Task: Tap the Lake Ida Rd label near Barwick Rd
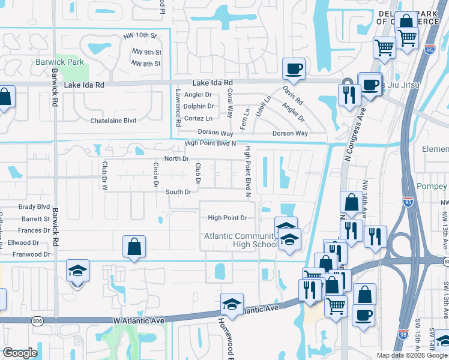(84, 85)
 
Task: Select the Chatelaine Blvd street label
(113, 121)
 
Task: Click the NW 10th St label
(139, 36)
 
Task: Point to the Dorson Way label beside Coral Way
(215, 133)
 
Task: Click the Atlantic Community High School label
(240, 240)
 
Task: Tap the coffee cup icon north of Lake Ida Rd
(293, 69)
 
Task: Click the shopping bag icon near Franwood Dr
(134, 246)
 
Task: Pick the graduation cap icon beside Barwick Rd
(77, 271)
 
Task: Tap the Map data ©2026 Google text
(411, 355)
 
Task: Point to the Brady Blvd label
(34, 206)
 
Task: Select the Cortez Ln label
(197, 119)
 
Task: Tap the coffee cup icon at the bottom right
(363, 314)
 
